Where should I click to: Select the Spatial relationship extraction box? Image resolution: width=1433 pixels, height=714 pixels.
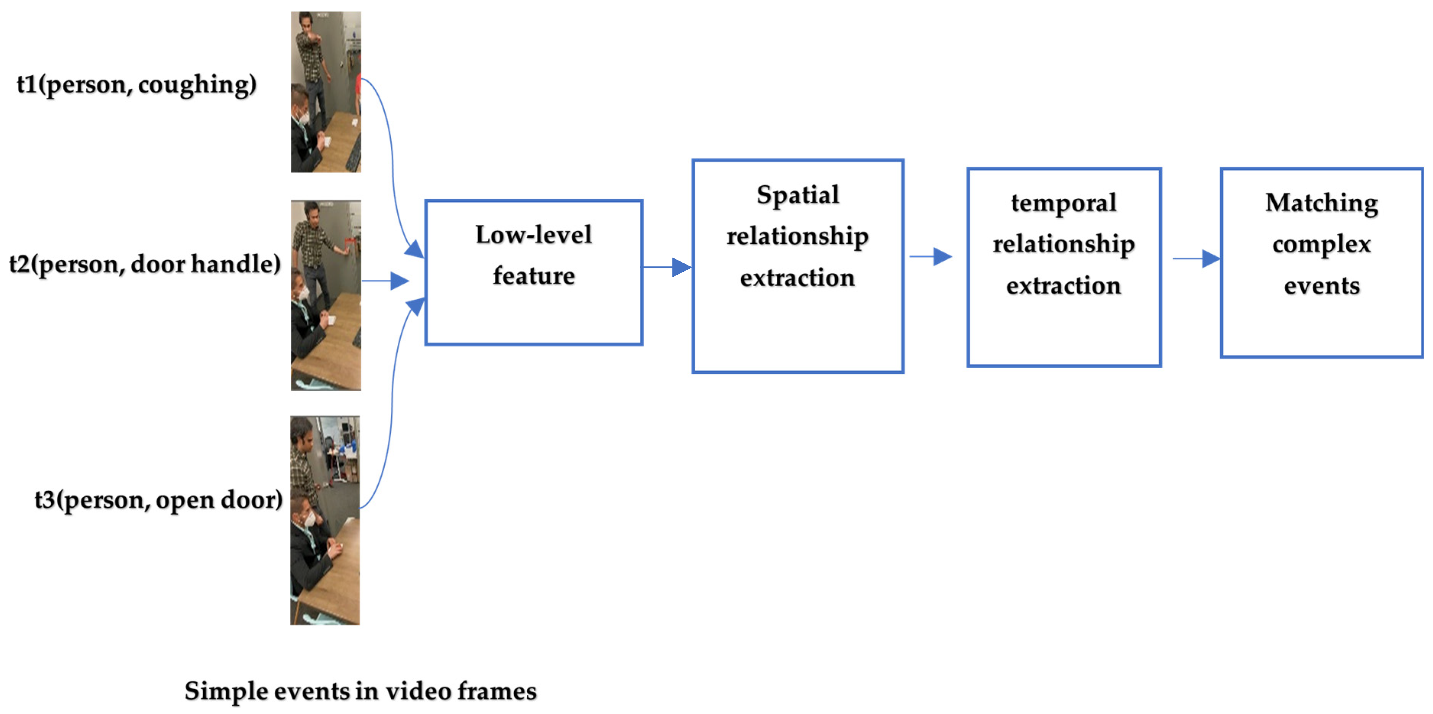pos(797,266)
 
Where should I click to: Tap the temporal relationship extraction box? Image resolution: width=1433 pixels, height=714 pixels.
pos(1064,267)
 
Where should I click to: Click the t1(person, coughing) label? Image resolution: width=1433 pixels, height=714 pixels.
pos(136,84)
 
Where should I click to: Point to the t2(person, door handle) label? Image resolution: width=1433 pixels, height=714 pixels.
pos(145,264)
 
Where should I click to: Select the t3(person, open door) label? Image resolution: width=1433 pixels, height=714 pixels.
pos(159,500)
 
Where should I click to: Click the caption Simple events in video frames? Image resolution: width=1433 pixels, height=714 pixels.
pos(361,691)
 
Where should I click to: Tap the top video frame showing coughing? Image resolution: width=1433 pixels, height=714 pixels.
pos(326,92)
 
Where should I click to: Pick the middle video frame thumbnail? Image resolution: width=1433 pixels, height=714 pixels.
pos(326,295)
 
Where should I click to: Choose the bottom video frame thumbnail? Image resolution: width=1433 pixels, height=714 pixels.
pos(325,520)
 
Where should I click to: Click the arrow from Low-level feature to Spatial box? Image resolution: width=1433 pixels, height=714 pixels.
pos(667,267)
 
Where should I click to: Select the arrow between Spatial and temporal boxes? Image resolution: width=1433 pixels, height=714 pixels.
pos(930,256)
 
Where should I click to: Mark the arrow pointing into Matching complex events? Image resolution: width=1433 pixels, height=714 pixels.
pos(1196,258)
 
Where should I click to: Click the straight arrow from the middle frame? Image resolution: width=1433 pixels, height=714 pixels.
pos(385,281)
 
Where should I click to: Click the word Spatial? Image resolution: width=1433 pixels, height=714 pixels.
pos(797,195)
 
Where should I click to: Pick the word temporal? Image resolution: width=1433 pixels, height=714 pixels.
pos(1064,203)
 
